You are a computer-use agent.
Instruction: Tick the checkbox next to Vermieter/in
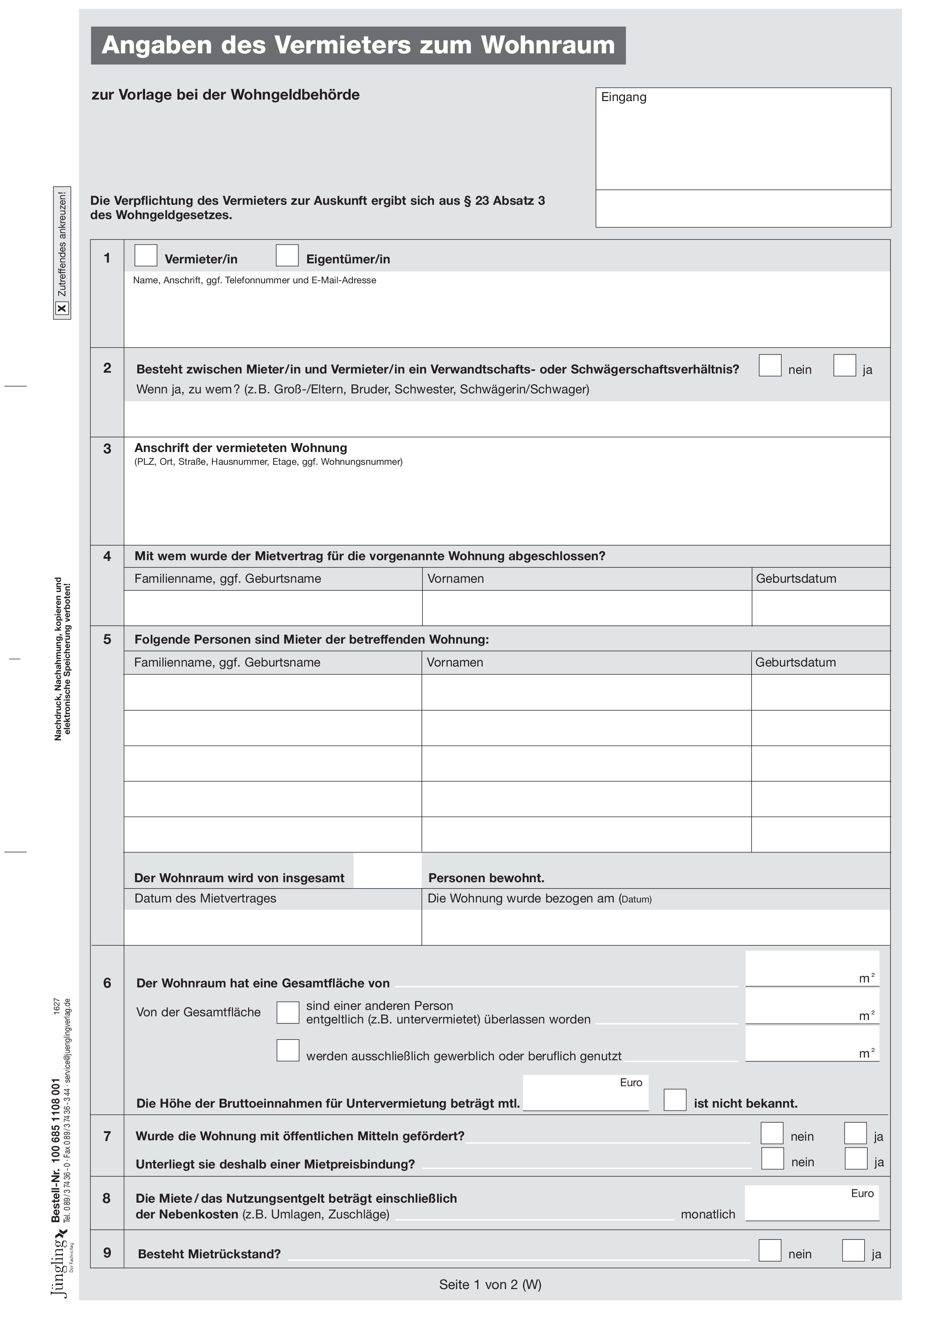pyautogui.click(x=146, y=255)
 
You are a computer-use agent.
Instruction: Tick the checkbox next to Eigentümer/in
pyautogui.click(x=287, y=255)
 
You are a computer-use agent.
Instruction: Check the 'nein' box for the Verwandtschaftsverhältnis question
pyautogui.click(x=770, y=366)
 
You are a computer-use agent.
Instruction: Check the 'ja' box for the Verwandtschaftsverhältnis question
pyautogui.click(x=845, y=366)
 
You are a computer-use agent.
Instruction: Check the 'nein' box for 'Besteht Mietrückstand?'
pyautogui.click(x=770, y=1251)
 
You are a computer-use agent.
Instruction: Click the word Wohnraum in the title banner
pyautogui.click(x=548, y=45)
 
